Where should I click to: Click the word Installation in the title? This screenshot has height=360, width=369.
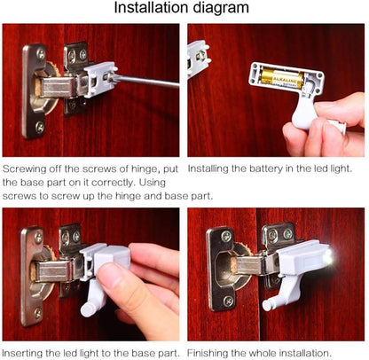point(156,9)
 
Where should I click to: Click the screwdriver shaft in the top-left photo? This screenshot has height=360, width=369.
point(146,82)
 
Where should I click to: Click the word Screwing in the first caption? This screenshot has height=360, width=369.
point(24,167)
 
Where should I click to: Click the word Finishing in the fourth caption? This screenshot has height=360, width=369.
point(209,352)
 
